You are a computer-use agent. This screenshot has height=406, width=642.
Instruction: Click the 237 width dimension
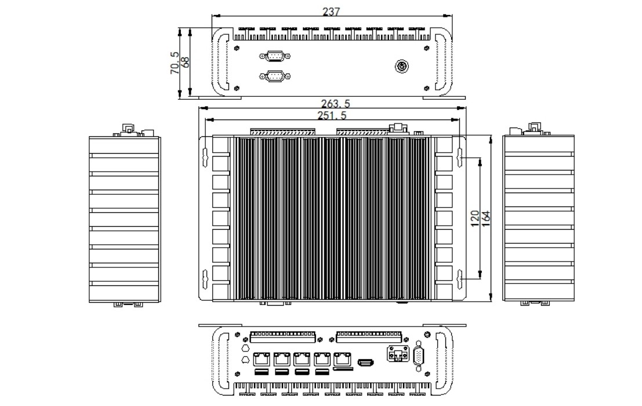click(x=332, y=11)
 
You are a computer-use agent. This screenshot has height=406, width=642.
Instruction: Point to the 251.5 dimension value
click(x=332, y=115)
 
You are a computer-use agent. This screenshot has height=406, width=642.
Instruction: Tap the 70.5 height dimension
click(x=175, y=62)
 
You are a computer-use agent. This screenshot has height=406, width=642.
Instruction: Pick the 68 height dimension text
click(x=186, y=62)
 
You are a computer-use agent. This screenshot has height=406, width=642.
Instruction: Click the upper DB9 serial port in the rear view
click(x=275, y=56)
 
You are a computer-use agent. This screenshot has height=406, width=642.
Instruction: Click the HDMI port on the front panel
click(x=365, y=363)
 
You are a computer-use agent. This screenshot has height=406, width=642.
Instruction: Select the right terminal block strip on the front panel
click(x=369, y=335)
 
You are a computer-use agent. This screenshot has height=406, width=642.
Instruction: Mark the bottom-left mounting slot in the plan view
click(x=204, y=279)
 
